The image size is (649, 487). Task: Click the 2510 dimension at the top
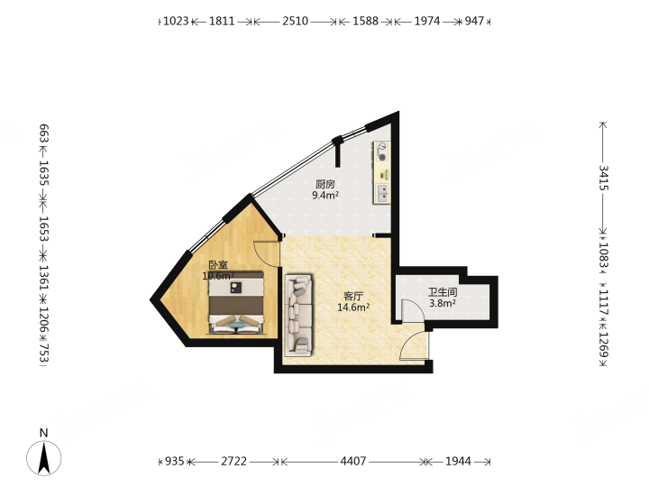click(295, 21)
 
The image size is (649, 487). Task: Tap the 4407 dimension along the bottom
click(353, 461)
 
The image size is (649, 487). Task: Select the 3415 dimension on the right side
click(603, 178)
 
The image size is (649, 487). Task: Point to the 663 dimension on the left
click(44, 133)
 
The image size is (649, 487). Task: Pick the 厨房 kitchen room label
click(324, 184)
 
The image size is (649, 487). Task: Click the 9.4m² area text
click(325, 195)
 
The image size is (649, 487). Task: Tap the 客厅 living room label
click(353, 296)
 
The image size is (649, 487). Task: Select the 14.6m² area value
click(353, 308)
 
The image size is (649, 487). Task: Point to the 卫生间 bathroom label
click(443, 292)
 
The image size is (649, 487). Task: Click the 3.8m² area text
click(443, 303)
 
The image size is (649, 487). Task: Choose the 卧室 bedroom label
click(218, 264)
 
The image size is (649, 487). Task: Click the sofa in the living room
click(298, 315)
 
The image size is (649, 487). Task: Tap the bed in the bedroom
click(236, 303)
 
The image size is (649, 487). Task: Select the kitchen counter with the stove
click(381, 172)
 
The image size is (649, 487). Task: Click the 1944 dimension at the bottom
click(458, 461)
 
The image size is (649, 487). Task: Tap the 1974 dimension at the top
click(427, 21)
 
